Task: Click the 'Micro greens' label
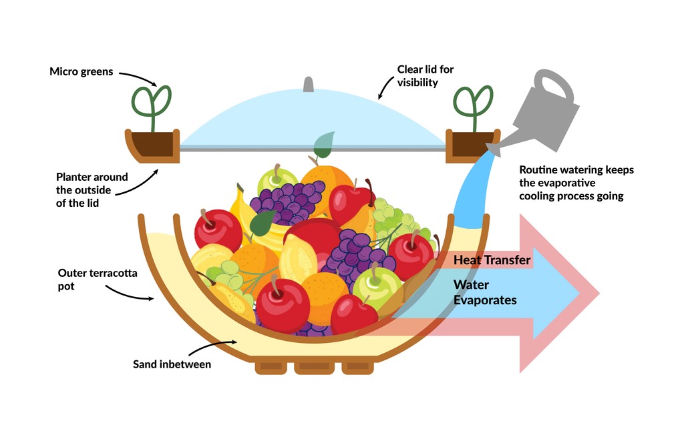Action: click(x=81, y=71)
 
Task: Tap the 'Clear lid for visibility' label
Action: click(x=425, y=75)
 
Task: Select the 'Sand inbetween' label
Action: click(x=172, y=364)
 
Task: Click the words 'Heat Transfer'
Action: click(x=492, y=260)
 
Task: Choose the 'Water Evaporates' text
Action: click(x=485, y=292)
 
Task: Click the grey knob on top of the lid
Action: click(x=309, y=85)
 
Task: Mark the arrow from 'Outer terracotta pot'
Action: click(x=130, y=293)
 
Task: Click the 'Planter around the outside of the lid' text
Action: click(x=83, y=189)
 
